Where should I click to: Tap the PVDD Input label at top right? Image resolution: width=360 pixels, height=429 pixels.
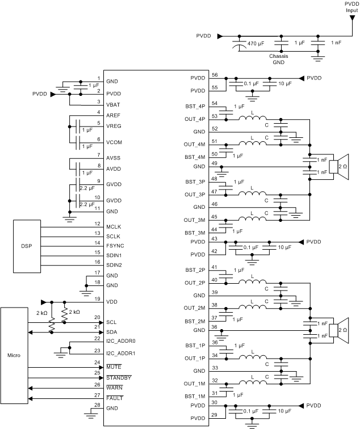point(350,6)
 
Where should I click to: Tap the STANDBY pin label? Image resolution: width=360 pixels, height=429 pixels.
point(119,377)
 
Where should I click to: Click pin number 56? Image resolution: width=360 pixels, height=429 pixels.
point(214,74)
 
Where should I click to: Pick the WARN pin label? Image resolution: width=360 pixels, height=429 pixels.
point(115,387)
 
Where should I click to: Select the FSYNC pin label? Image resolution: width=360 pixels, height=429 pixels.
point(116,246)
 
